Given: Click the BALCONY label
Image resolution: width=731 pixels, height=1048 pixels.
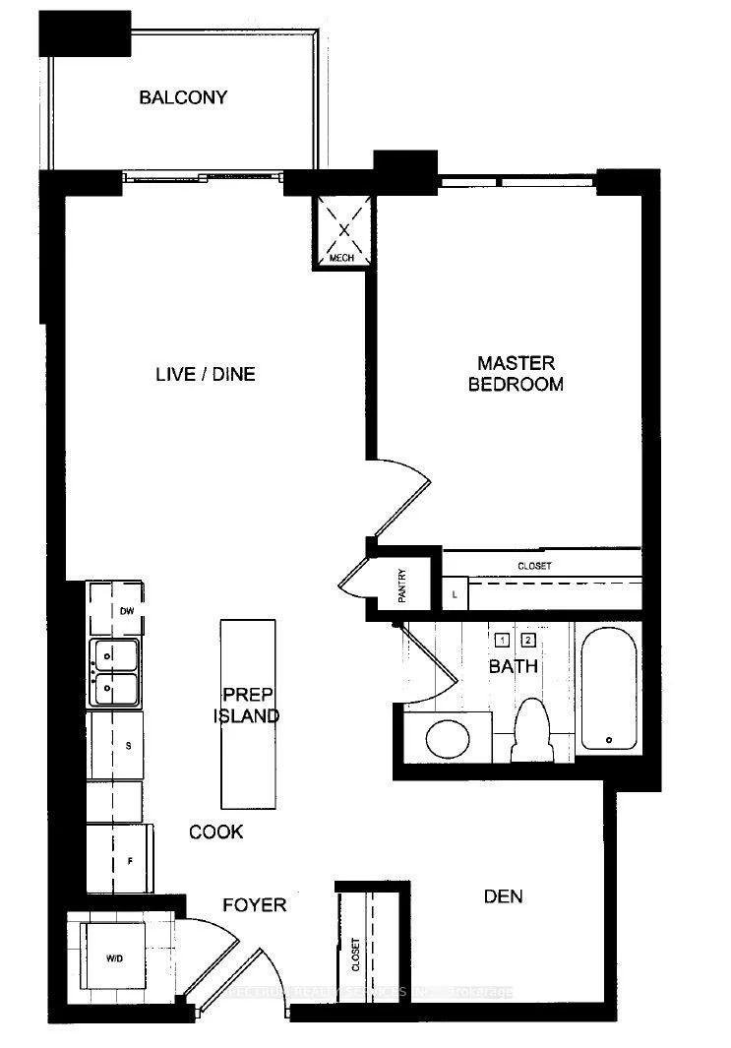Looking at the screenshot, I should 183,97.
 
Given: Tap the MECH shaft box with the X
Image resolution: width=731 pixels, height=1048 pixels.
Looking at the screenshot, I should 343,230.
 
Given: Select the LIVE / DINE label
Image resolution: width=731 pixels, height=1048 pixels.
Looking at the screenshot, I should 206,374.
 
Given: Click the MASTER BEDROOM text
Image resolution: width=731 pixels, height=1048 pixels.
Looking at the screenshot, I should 516,374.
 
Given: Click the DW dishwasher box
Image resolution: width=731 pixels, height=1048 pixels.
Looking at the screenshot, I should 117,610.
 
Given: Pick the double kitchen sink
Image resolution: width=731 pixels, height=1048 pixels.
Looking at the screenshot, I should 116,672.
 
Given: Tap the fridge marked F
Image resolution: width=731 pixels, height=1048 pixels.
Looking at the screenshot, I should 118,859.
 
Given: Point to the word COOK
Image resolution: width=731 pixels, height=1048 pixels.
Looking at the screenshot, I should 216,832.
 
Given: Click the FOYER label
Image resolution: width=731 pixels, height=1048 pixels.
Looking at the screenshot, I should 254,904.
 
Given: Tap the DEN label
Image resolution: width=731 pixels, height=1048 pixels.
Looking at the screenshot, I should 503,896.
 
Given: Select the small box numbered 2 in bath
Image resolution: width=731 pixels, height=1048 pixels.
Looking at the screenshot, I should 527,639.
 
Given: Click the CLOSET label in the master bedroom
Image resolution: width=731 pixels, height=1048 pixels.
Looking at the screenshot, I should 534,567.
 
